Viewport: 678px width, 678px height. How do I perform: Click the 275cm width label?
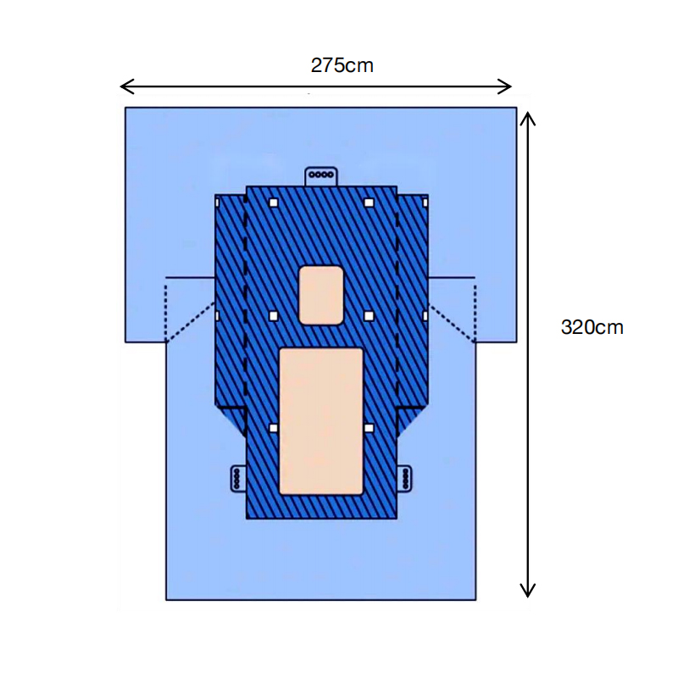click(342, 66)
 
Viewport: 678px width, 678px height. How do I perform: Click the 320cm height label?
click(592, 327)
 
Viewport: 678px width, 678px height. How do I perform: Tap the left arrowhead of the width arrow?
click(126, 86)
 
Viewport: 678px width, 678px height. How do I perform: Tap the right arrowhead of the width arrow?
click(505, 86)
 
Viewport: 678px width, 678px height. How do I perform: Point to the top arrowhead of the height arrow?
click(527, 119)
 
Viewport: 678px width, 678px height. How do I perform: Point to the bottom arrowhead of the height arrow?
click(527, 590)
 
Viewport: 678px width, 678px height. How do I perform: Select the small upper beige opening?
click(321, 295)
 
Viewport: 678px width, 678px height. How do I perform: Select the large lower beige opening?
click(321, 421)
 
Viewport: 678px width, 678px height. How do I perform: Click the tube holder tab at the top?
click(321, 176)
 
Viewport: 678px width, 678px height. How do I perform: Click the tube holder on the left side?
click(238, 478)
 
